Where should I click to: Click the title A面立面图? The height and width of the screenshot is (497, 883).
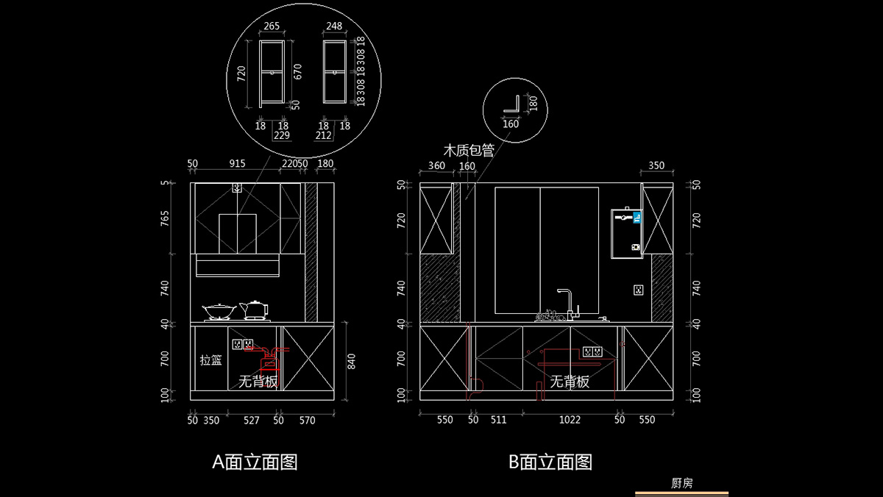pyautogui.click(x=255, y=462)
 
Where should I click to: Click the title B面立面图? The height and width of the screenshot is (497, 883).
pyautogui.click(x=550, y=462)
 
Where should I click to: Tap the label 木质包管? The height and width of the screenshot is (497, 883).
pyautogui.click(x=468, y=150)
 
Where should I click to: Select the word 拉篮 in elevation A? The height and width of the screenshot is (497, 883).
pyautogui.click(x=211, y=360)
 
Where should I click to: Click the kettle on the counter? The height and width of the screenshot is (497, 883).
pyautogui.click(x=255, y=310)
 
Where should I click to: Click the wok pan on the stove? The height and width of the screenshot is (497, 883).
pyautogui.click(x=219, y=311)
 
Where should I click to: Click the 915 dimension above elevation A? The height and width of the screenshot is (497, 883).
pyautogui.click(x=237, y=163)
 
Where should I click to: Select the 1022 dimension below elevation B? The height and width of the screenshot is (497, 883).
pyautogui.click(x=570, y=420)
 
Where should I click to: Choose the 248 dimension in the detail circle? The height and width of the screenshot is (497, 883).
pyautogui.click(x=333, y=26)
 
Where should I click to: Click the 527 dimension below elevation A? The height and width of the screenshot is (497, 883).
pyautogui.click(x=252, y=420)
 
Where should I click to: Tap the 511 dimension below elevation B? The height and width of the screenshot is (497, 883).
pyautogui.click(x=498, y=420)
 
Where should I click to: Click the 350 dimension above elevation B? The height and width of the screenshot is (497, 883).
pyautogui.click(x=657, y=165)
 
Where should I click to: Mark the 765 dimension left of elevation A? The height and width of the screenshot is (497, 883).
pyautogui.click(x=166, y=218)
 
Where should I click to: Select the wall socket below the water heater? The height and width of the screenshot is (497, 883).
pyautogui.click(x=638, y=290)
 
